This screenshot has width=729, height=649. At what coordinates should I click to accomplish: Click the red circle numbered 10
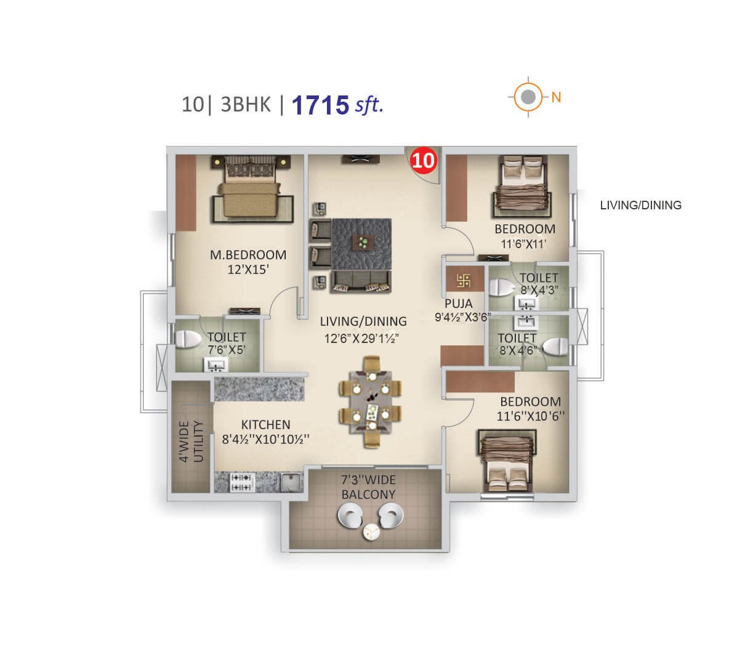tap(423, 160)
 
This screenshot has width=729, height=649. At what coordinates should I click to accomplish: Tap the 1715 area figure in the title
tap(320, 105)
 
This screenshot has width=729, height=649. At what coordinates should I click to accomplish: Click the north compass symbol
tap(528, 97)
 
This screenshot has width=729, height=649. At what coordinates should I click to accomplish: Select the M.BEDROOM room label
tap(248, 255)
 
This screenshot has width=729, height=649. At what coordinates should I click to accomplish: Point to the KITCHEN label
tap(265, 424)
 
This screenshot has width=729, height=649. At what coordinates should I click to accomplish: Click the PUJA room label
tap(459, 304)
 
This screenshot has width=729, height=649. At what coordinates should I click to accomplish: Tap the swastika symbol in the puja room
tap(464, 280)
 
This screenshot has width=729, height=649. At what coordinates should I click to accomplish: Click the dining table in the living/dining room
tap(370, 402)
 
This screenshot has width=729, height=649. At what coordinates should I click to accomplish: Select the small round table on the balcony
tap(371, 532)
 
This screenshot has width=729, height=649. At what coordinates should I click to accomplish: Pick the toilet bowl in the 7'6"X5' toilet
tap(187, 339)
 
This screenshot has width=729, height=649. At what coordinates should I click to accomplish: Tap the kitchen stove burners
tap(241, 482)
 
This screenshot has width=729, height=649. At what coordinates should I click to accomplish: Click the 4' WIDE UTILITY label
tap(191, 441)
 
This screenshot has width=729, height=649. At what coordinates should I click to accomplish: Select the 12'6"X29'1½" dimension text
tap(361, 338)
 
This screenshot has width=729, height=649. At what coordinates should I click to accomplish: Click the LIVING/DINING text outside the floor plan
tap(641, 205)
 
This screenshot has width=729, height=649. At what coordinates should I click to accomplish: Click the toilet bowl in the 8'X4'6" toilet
tap(555, 347)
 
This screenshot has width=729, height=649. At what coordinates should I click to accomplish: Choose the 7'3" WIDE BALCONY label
tap(368, 486)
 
